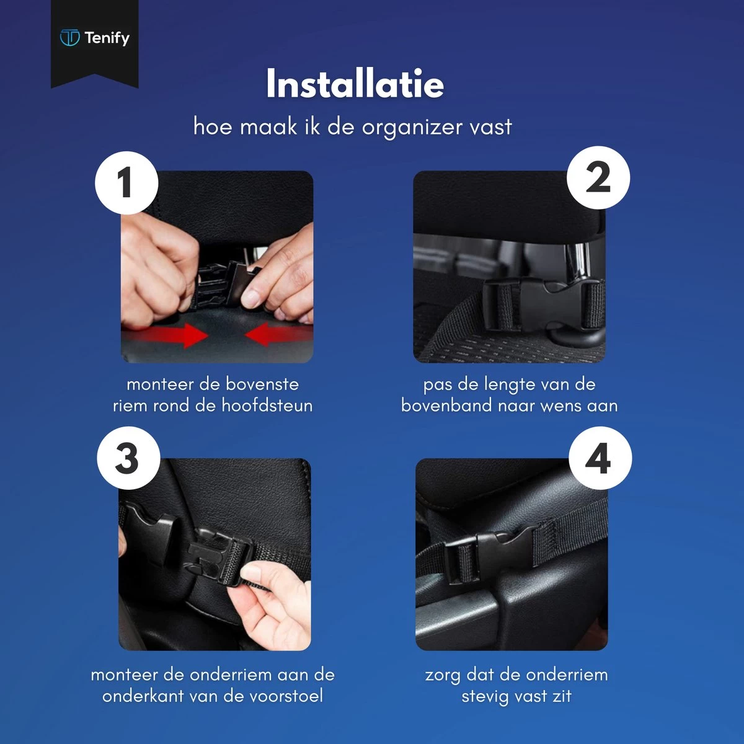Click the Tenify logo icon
click(69, 38)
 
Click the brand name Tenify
click(107, 38)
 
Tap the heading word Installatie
click(355, 84)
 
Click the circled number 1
click(126, 183)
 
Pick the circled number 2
click(598, 178)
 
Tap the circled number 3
click(128, 459)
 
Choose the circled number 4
click(600, 459)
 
